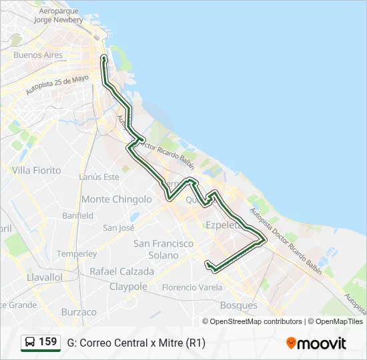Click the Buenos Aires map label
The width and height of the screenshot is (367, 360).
point(37,55)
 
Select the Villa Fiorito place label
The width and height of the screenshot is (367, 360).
point(36,171)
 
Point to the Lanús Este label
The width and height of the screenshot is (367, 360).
point(99,177)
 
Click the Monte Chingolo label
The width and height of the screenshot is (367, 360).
point(117,199)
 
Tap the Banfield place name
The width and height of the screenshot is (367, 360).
point(77,216)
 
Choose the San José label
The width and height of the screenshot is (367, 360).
point(119,228)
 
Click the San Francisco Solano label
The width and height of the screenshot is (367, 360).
point(163,249)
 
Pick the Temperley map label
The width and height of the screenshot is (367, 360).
point(76,254)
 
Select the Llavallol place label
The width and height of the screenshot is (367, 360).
point(45,277)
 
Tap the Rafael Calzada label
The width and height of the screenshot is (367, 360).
point(121,272)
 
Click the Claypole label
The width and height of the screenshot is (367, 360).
point(128,287)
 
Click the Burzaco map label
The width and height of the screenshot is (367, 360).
point(79,312)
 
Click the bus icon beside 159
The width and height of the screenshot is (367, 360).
point(30,343)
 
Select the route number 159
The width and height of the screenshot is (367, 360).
point(48,342)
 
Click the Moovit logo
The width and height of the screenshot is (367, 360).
point(316,343)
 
